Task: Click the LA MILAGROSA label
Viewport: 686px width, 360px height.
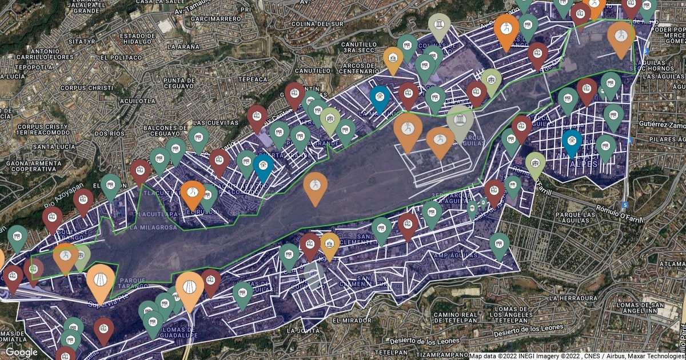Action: pyautogui.click(x=153, y=227)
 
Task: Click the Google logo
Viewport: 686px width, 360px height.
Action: pyautogui.click(x=22, y=352)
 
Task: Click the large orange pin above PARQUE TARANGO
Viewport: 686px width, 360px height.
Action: pyautogui.click(x=99, y=281)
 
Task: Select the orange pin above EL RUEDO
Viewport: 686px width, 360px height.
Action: pyautogui.click(x=192, y=193)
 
